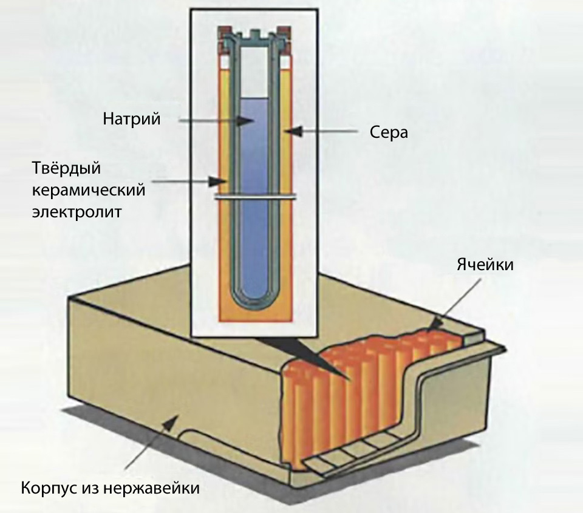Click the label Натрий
coord(131,119)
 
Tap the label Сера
coord(389,132)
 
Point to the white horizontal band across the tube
coord(255,197)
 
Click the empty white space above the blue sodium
coord(255,73)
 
